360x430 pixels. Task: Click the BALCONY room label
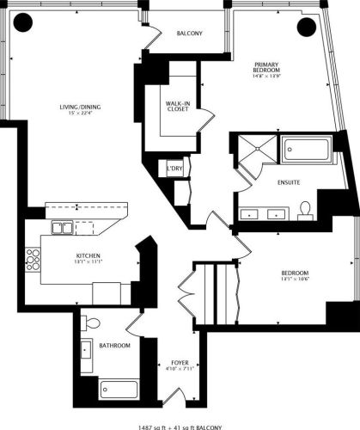189,34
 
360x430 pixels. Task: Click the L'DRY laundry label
175,169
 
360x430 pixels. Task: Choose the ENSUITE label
288,183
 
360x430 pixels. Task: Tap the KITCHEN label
88,256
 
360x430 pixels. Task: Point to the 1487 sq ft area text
149,424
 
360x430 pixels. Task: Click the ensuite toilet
305,209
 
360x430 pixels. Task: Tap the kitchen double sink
61,229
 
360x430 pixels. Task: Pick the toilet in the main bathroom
93,323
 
